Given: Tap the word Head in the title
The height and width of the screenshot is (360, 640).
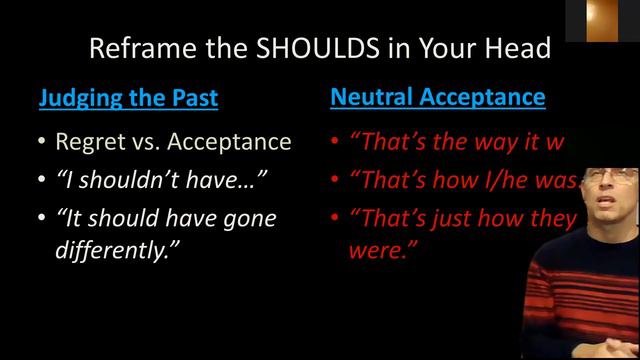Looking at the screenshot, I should click(521, 48).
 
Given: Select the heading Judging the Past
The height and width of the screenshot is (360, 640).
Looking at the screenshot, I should click(128, 98).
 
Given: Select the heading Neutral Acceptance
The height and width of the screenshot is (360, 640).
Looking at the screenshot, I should click(438, 97).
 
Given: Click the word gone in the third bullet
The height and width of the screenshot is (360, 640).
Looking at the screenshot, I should click(243, 218).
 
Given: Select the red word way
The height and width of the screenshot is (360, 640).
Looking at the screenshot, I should click(505, 142).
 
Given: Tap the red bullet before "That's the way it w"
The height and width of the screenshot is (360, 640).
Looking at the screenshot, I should click(334, 142).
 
